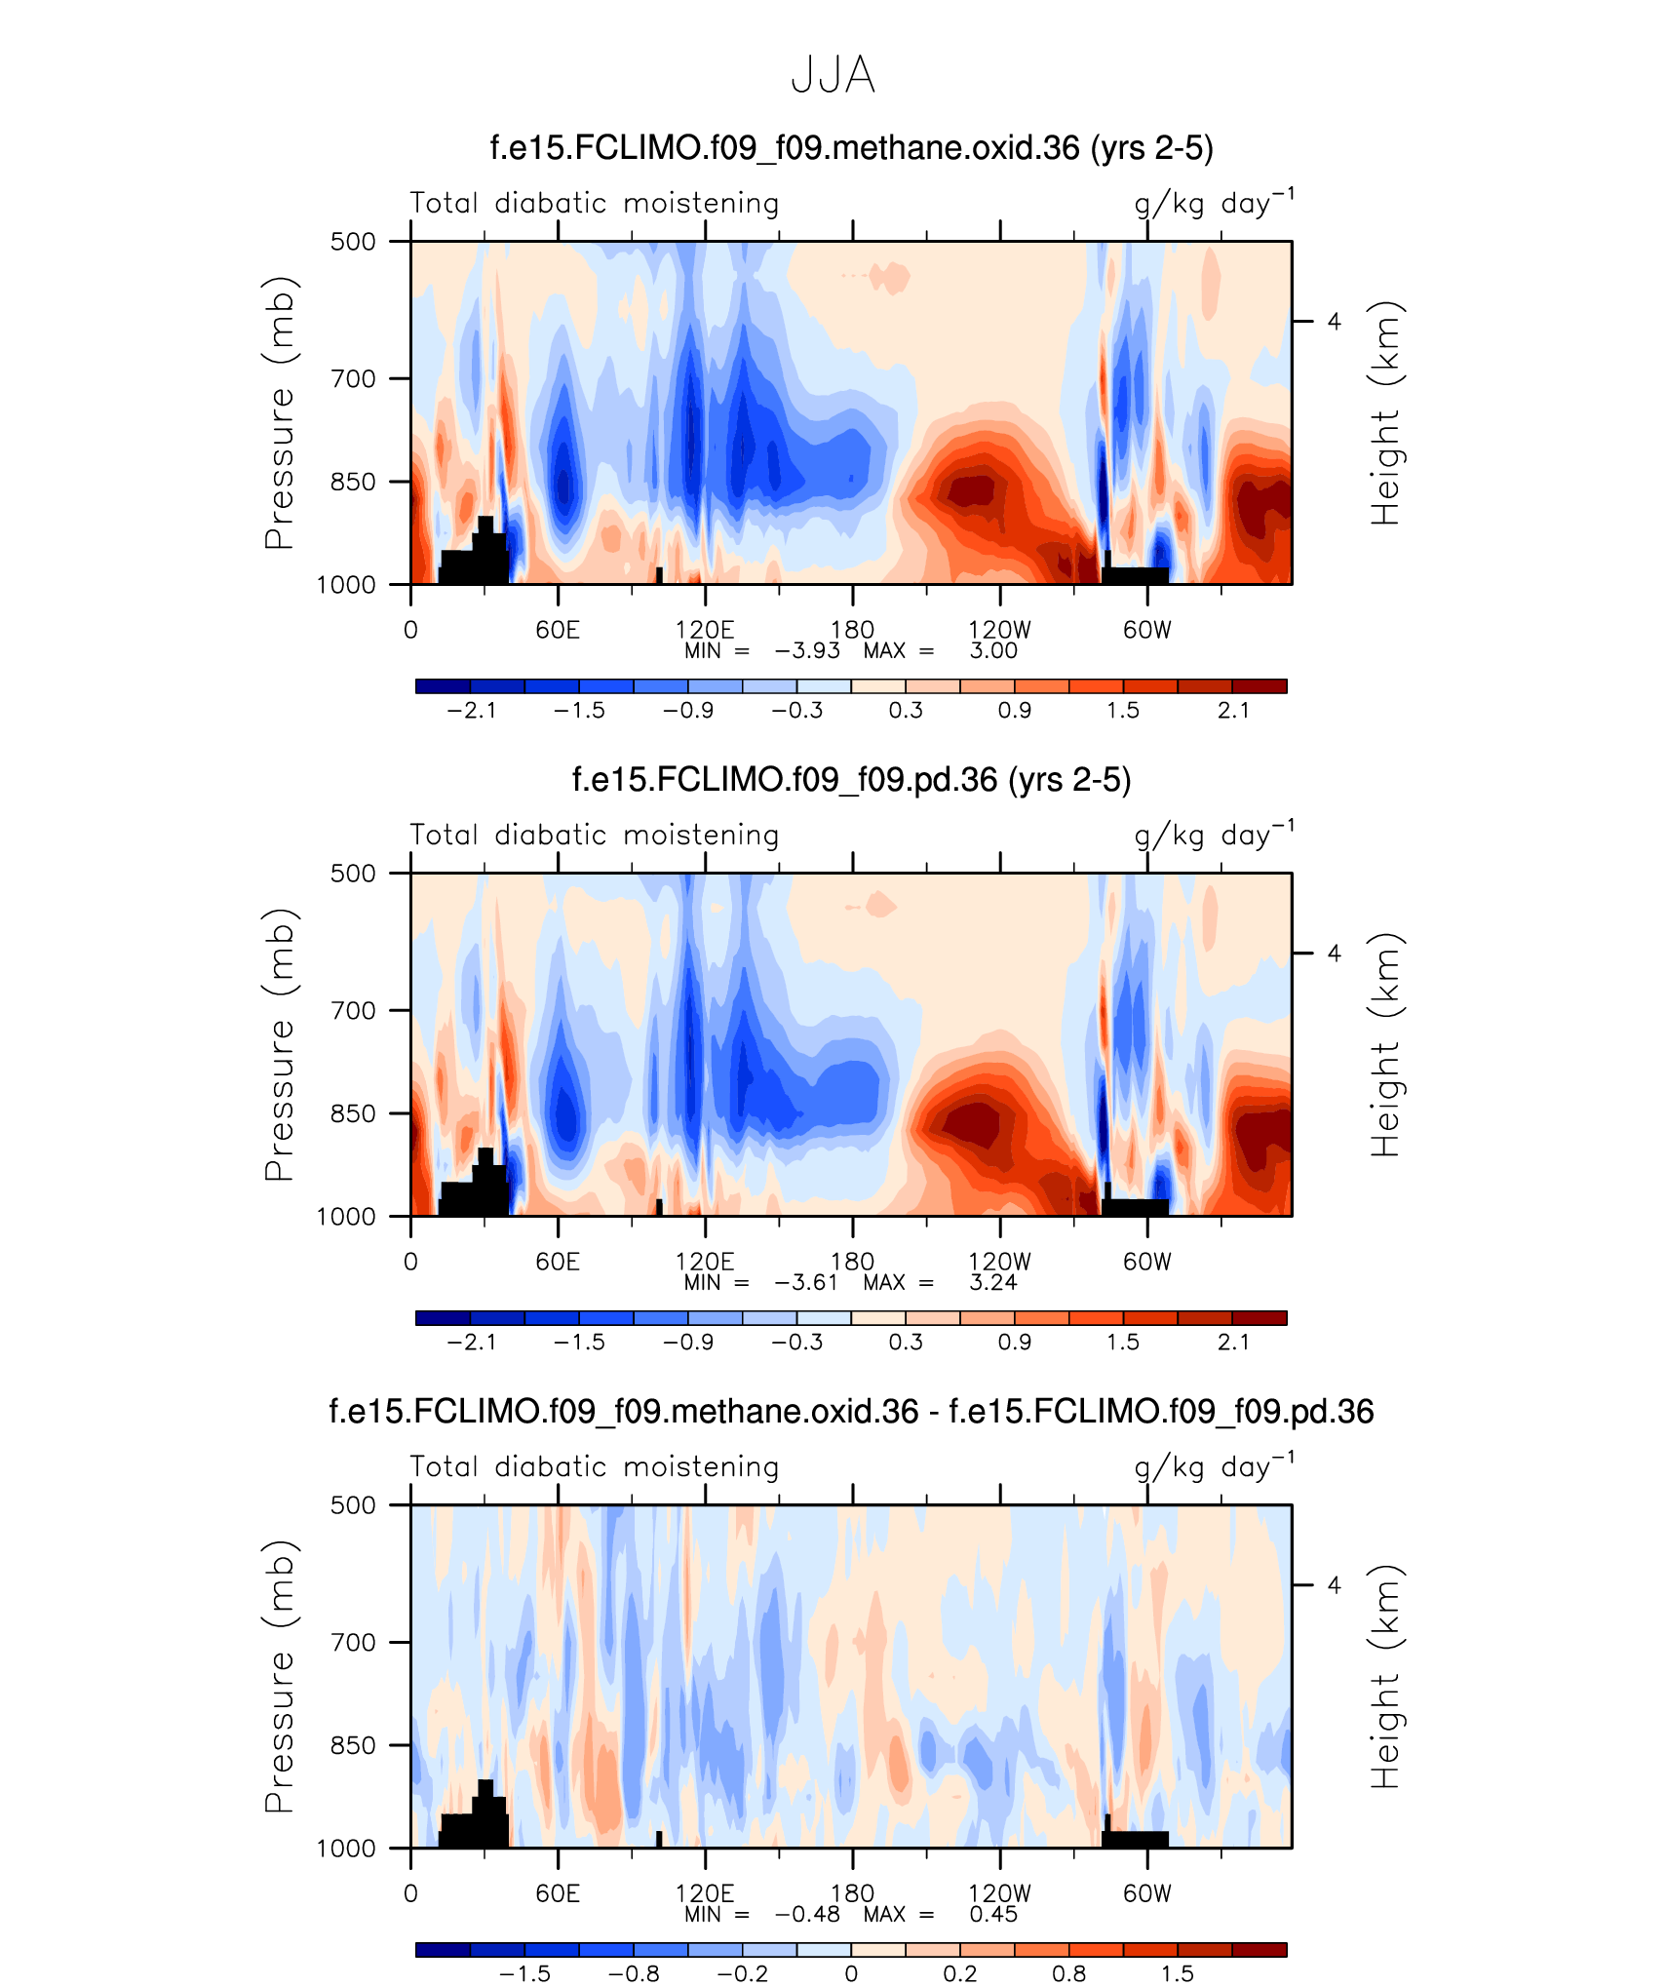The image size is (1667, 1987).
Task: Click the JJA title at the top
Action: click(x=833, y=75)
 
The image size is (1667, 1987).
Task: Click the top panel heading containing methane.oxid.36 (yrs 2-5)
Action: click(x=851, y=148)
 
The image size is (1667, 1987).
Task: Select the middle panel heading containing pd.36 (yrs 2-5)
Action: click(x=851, y=780)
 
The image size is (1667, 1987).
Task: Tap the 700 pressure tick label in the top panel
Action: click(x=353, y=378)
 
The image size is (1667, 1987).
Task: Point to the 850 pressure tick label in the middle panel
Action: click(x=353, y=1113)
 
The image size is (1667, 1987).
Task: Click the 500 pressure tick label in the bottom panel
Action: click(x=353, y=1504)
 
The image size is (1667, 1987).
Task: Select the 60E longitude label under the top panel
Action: click(x=558, y=630)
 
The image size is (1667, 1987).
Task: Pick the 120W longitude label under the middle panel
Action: click(x=999, y=1262)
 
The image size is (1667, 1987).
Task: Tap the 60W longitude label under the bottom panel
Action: click(x=1146, y=1893)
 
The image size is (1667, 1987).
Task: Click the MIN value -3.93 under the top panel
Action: click(x=807, y=651)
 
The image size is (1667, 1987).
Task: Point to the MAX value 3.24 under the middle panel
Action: click(x=993, y=1283)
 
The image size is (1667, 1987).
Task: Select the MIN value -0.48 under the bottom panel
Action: click(x=807, y=1915)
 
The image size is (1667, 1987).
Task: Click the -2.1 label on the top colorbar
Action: click(x=472, y=711)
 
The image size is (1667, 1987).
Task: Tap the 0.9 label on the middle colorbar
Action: click(x=1014, y=1343)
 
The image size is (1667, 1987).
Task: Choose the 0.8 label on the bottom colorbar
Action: click(x=1068, y=1974)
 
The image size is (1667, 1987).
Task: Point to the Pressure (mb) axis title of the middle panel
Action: click(x=279, y=1044)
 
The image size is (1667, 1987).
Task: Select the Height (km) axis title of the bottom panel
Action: click(x=1384, y=1676)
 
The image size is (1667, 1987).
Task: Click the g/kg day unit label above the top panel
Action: click(x=1214, y=203)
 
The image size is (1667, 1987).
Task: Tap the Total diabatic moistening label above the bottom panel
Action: click(x=595, y=1466)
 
